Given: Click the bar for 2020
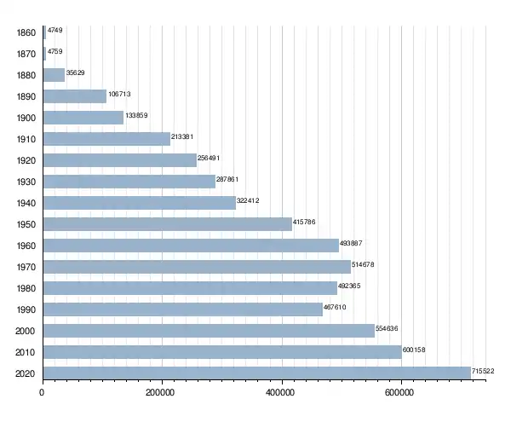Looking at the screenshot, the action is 257,373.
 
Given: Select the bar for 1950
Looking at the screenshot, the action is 168,224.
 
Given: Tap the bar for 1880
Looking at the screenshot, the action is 54,75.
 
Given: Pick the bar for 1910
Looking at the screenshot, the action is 106,139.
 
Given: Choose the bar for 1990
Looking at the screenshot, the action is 183,309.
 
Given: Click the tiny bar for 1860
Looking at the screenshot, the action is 44,32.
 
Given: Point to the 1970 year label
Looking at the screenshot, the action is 26,267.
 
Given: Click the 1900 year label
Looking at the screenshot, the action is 26,118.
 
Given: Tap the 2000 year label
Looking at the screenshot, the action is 25,331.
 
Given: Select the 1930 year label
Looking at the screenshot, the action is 26,182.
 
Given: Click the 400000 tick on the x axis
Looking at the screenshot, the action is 280,392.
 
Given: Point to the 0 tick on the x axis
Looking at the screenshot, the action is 42,392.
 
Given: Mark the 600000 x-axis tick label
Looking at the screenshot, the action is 399,392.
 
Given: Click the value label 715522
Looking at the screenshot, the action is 483,371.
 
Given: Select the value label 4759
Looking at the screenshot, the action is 55,51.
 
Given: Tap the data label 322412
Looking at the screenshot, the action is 248,200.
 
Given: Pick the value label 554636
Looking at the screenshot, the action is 387,328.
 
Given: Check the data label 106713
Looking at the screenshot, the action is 119,94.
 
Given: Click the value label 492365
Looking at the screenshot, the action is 349,286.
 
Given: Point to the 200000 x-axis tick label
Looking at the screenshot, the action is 160,392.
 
